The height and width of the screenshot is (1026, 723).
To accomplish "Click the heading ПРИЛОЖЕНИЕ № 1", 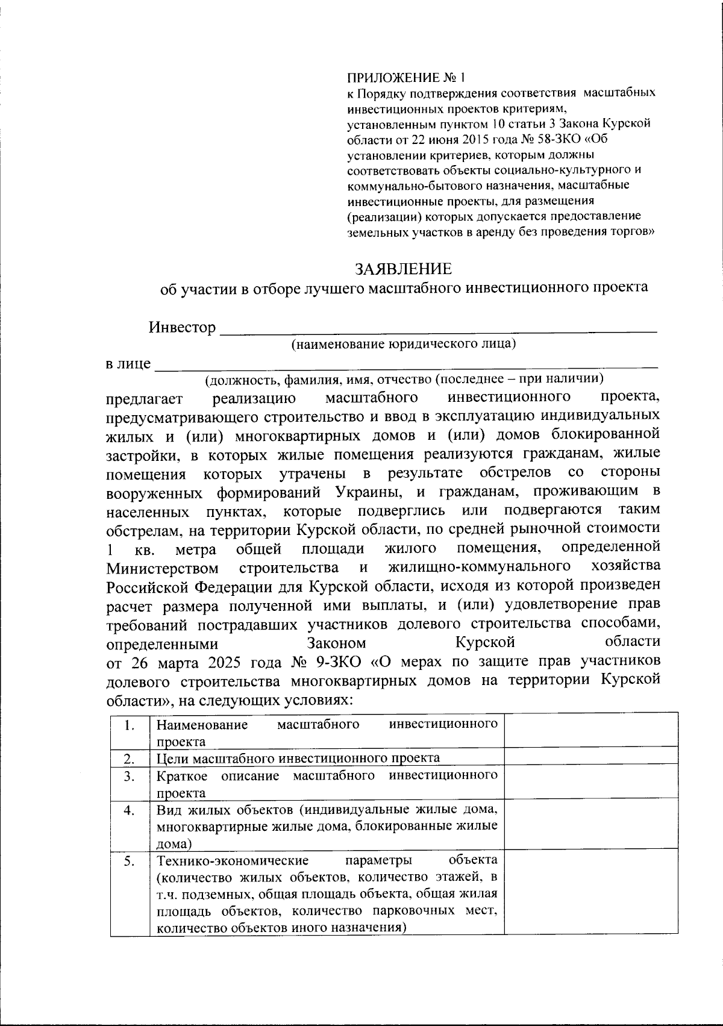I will pos(407,78).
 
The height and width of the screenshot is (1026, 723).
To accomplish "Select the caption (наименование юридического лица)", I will pos(403,344).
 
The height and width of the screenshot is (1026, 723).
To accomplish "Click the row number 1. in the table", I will pos(129,725).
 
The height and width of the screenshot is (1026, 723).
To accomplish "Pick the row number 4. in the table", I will pos(129,810).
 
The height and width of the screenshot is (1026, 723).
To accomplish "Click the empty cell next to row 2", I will pos(590,757).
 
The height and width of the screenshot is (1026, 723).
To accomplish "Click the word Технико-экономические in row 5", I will pos(233,860).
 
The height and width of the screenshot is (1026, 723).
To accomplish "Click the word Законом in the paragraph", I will pos(336,642).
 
